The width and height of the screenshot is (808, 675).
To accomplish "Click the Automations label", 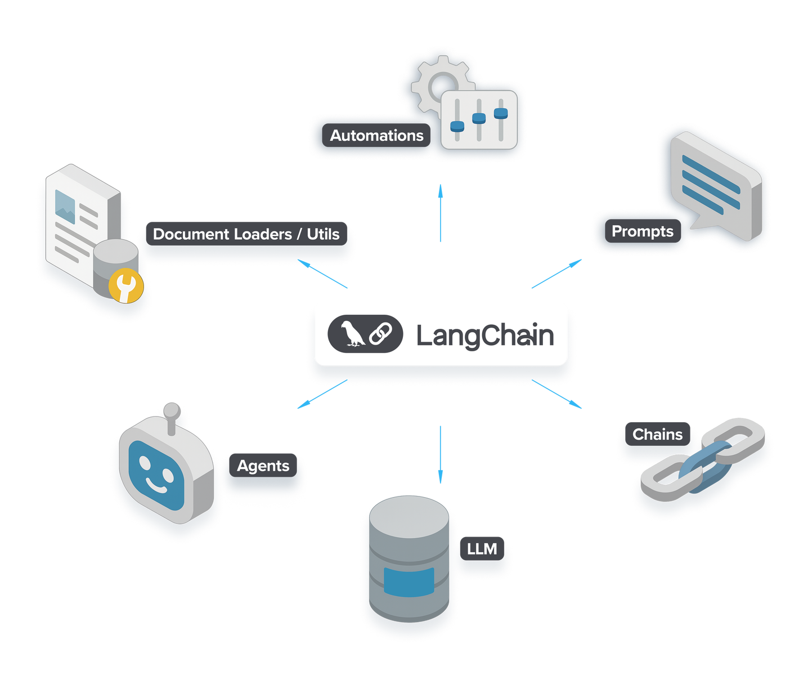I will tap(376, 136).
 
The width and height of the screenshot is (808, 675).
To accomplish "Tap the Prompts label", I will tap(642, 231).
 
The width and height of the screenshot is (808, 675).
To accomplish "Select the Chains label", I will tap(657, 434).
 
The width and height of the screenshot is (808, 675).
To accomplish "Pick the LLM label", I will tap(482, 548).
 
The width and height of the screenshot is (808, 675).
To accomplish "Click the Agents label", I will tap(263, 466).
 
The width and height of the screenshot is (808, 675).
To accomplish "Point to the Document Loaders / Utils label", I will tap(246, 234).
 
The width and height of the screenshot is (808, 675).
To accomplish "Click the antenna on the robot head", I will tap(172, 414).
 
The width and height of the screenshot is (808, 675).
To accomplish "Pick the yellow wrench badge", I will tap(126, 285).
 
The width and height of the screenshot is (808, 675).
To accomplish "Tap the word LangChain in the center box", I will tap(485, 336).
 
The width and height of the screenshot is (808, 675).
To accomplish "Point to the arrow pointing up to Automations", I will tap(441, 212).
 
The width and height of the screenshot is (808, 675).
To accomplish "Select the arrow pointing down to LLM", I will tap(440, 454).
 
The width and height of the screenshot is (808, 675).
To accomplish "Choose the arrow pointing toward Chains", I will tap(558, 394).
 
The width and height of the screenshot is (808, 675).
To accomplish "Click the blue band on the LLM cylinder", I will tap(409, 582).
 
